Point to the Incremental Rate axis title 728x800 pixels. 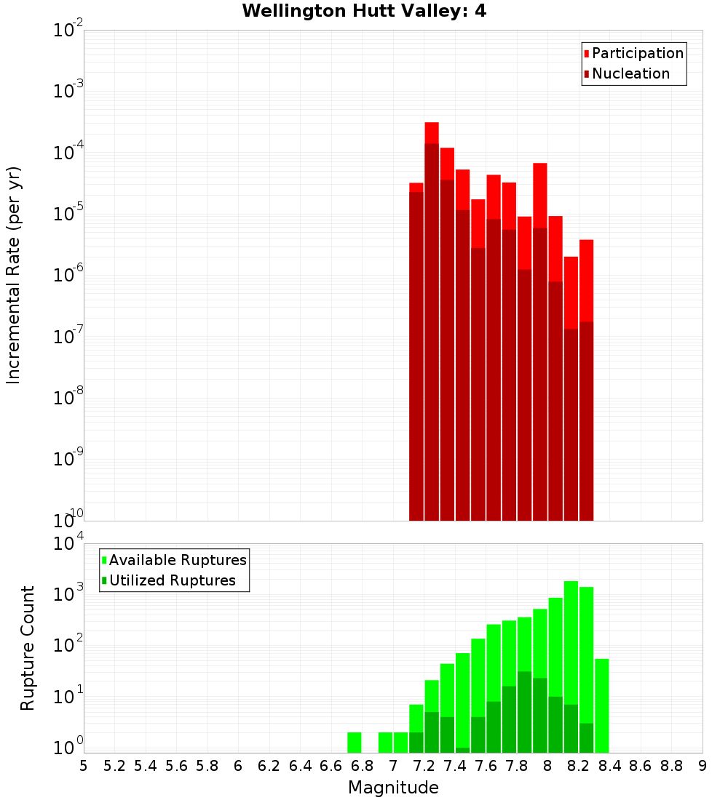(x=14, y=275)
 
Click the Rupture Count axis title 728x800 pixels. (x=28, y=647)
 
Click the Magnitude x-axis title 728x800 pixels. (x=393, y=788)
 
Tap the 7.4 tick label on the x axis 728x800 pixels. (x=455, y=766)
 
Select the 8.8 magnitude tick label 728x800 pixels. (x=671, y=766)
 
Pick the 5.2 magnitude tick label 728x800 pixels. (x=114, y=766)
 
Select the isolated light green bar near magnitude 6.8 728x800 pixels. (x=355, y=742)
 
